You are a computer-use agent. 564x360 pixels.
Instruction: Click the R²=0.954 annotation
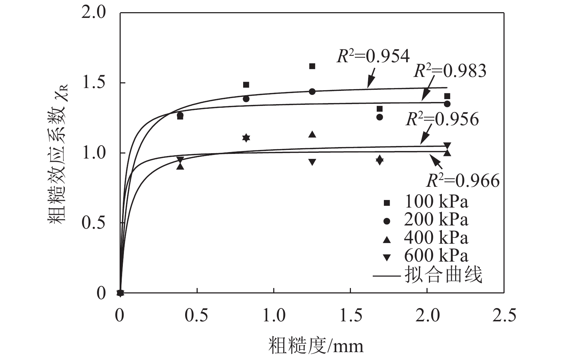click(x=373, y=57)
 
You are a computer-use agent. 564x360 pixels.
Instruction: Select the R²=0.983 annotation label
click(x=450, y=71)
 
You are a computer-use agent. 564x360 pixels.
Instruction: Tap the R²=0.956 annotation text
click(x=442, y=119)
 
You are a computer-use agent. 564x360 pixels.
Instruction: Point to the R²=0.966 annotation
click(x=463, y=181)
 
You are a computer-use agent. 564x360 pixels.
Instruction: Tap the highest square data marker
click(x=312, y=66)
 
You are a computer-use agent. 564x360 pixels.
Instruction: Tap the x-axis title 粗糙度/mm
click(x=315, y=345)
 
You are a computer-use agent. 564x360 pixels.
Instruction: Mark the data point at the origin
click(x=120, y=293)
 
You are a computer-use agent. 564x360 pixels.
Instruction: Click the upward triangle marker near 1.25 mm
click(x=312, y=135)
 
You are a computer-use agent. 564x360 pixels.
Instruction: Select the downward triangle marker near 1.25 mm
click(x=312, y=162)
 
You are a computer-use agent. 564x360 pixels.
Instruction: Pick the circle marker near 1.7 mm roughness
click(x=380, y=117)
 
